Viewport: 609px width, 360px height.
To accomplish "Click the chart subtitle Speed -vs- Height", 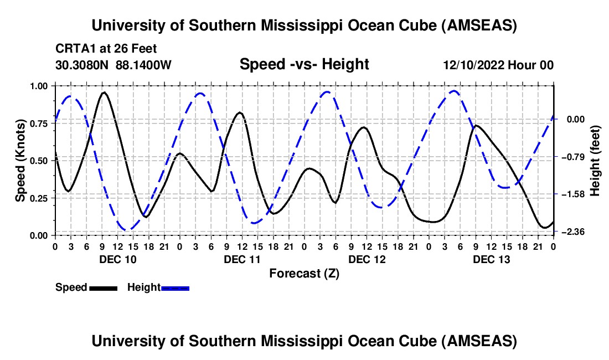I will coord(304,65).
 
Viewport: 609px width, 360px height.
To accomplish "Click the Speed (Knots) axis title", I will coord(20,160).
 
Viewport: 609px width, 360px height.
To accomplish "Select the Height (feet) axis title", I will coord(595,160).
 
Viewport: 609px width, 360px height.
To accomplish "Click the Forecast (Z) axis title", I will coord(304,273).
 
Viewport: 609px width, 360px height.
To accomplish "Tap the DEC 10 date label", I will coord(117,259).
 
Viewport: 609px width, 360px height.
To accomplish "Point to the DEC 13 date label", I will coord(491,259).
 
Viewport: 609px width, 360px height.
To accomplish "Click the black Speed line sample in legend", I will coord(102,287).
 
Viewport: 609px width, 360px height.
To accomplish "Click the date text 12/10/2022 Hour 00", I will coord(498,65).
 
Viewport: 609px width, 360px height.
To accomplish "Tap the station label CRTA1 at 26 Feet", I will coord(106,49).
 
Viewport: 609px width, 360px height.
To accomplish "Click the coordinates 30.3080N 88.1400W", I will coord(113,65).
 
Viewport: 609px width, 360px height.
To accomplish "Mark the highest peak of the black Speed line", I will coord(104,92).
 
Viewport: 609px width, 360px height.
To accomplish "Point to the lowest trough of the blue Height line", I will coord(127,229).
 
